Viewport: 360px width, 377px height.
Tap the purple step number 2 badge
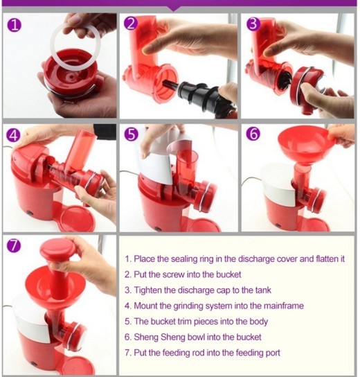[x=132, y=24]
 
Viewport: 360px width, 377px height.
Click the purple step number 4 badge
[x=14, y=135]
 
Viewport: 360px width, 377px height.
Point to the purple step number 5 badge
[x=132, y=135]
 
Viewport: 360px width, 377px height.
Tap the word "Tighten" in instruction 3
[x=150, y=290]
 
